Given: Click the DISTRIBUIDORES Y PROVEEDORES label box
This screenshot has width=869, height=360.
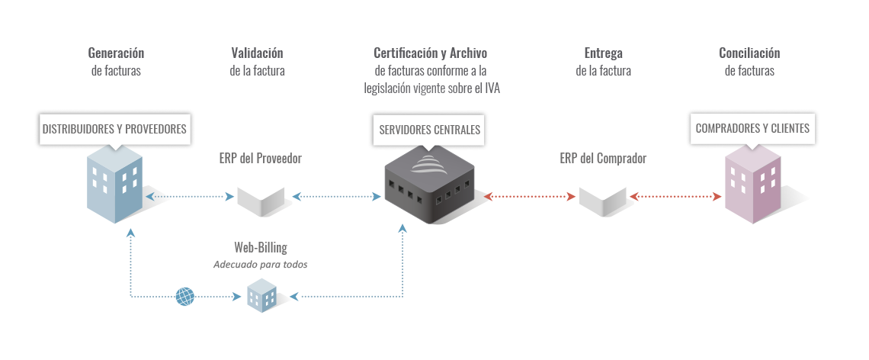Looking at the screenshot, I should coord(114,129).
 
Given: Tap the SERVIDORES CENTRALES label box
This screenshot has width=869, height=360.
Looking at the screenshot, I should coord(430,130).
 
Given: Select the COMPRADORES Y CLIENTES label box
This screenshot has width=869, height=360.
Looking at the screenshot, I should coord(752,129).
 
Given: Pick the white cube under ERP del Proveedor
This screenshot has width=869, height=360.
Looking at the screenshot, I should coord(261,194).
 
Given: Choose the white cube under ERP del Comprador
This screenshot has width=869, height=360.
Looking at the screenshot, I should coord(602,194).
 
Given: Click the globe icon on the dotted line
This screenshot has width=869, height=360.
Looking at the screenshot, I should coord(185,296).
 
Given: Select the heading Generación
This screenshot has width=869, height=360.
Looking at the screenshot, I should coord(116,53).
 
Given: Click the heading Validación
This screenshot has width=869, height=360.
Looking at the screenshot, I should coord(257,53).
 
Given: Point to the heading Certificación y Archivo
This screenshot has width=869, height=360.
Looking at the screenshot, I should coord(430,53).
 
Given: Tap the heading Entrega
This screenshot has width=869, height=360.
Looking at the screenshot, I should coord(604,53).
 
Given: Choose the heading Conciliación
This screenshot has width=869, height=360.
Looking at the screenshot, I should coord(749,53).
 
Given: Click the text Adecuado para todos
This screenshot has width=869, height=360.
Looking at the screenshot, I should coord(260,264).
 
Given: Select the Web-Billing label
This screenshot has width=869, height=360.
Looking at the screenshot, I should coord(261,248).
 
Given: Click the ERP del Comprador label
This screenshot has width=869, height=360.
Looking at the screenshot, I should coord(603,159).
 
